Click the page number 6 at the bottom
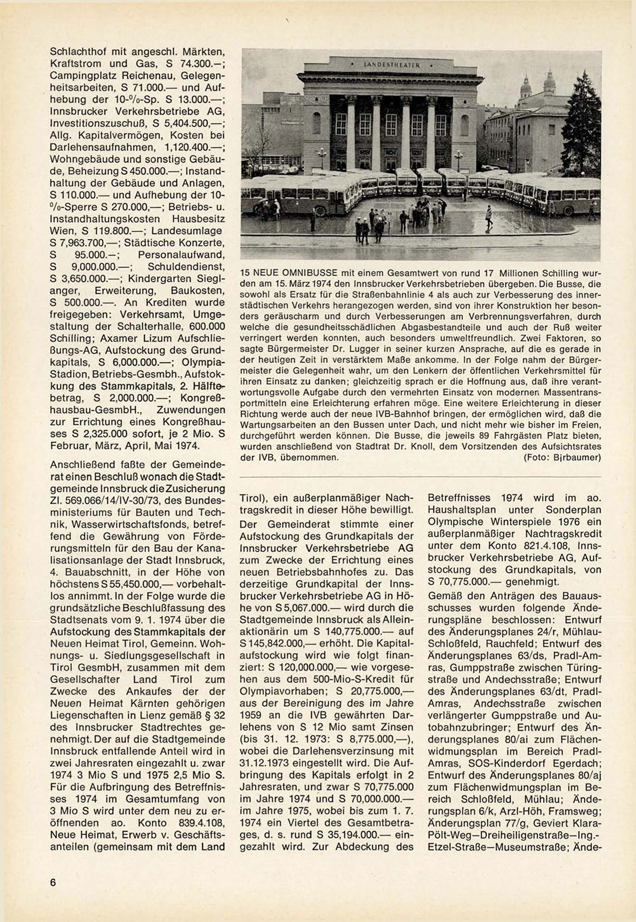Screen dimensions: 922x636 (x=53, y=882)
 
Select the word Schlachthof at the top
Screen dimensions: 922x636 (x=77, y=52)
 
